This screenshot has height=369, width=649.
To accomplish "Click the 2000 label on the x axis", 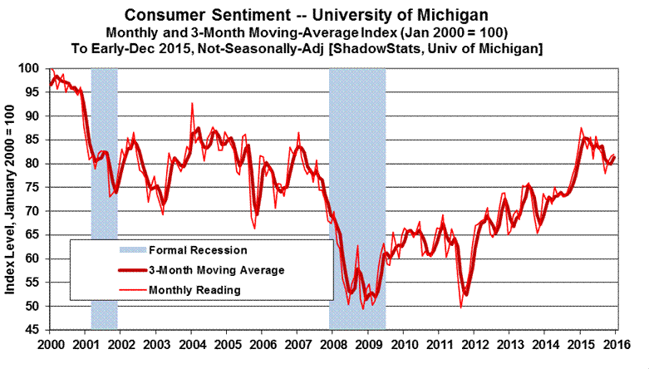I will (51, 343).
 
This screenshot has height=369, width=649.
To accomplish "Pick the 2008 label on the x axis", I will (332, 343).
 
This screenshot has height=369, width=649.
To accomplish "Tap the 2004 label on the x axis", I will (192, 343).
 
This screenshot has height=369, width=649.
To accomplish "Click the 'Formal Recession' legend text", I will (197, 249).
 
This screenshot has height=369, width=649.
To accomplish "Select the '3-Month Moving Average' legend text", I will (214, 270).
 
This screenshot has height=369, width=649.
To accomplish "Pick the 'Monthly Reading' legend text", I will (194, 290).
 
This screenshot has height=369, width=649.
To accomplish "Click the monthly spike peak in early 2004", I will (193, 104).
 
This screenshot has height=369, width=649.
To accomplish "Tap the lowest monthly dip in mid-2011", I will (460, 307).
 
